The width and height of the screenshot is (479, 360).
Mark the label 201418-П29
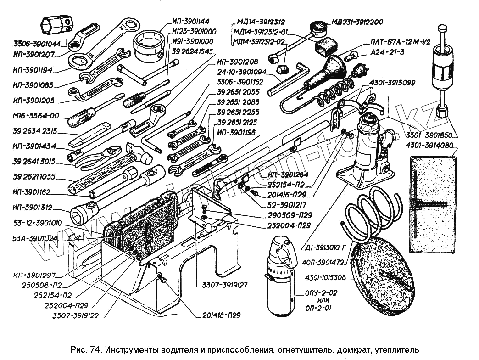pyautogui.click(x=221, y=315)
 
